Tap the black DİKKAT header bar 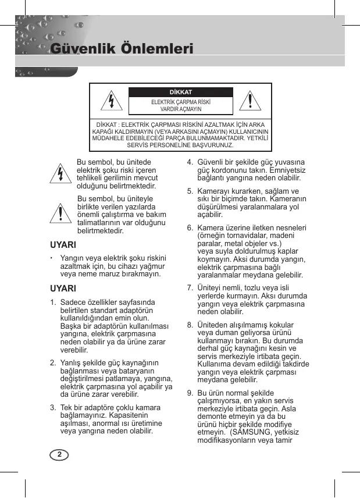[180, 93]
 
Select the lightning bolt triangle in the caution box [111, 101]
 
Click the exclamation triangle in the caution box [250, 101]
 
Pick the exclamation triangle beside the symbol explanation [60, 214]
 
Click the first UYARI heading [63, 244]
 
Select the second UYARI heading [63, 289]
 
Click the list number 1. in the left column [53, 303]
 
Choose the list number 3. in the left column [53, 407]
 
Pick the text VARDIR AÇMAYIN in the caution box [181, 109]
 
